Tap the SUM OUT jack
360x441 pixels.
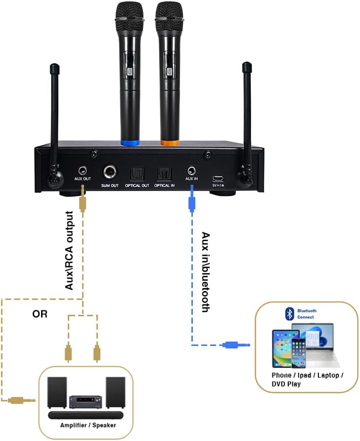110,172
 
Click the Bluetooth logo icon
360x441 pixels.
290,313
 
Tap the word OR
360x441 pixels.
40,314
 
